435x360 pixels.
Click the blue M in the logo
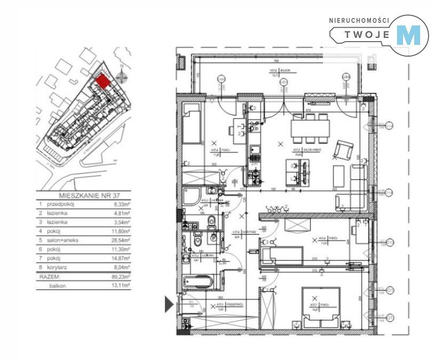(411, 35)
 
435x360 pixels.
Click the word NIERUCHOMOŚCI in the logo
(359, 20)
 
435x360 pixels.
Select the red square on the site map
(102, 81)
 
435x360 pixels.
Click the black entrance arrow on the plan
(169, 304)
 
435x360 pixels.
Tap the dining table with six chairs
(311, 128)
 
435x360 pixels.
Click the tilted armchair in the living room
(343, 150)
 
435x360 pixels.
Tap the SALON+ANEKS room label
(297, 152)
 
